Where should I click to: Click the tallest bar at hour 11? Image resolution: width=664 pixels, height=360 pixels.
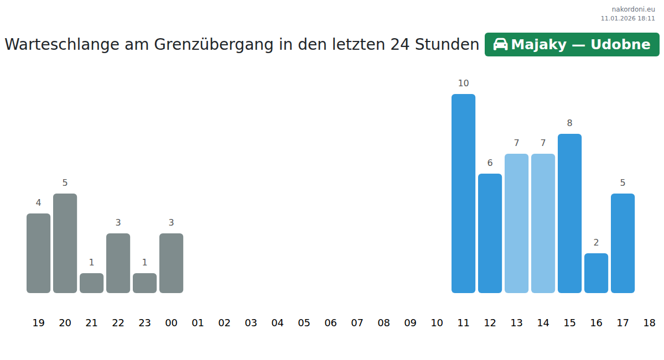463,193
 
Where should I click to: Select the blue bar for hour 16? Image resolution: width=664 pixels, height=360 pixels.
596,273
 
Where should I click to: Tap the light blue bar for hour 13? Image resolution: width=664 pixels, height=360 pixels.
516,223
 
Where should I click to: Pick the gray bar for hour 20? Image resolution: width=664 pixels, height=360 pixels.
65,243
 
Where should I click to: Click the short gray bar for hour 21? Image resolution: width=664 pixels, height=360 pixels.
91,283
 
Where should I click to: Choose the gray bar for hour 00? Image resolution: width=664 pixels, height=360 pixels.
171,263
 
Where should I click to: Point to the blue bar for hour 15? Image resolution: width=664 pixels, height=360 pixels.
569,213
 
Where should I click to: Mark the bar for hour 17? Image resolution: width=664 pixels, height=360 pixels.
622,243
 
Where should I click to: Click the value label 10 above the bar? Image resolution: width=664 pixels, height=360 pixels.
463,84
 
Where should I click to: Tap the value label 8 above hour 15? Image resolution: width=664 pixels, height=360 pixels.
569,123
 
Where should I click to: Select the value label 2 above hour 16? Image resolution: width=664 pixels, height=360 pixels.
596,243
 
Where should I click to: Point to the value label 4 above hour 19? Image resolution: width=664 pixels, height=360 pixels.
38,203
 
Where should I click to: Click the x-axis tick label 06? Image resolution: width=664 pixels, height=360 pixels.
330,323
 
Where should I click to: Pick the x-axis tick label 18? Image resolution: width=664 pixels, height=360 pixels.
649,323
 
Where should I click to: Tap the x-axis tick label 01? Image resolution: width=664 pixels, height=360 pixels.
198,323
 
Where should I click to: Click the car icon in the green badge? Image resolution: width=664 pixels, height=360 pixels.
500,45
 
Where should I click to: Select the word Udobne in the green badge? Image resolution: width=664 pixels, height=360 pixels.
620,45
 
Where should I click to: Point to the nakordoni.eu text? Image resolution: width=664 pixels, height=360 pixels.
633,9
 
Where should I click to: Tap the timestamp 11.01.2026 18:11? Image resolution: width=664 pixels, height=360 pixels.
627,18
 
